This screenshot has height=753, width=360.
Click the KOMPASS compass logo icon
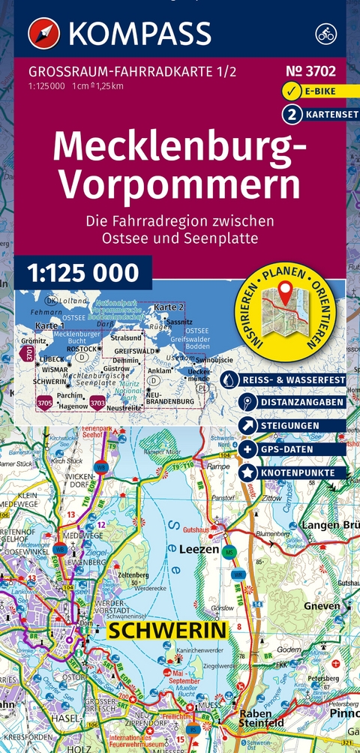point(43,33)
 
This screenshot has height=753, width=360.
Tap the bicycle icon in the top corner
point(324,33)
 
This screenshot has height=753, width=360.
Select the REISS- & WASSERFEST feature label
point(292,381)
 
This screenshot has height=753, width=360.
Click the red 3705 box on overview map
point(45,403)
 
